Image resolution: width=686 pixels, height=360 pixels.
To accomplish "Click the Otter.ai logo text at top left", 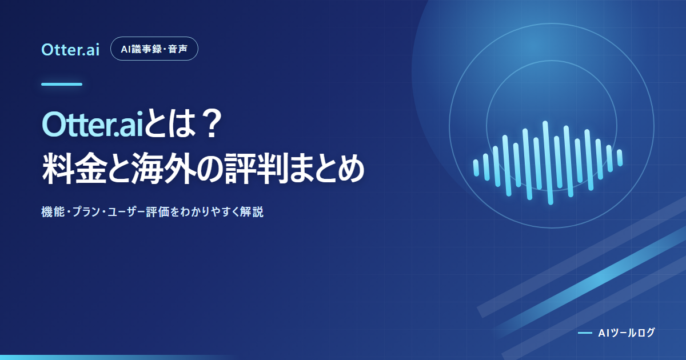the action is pyautogui.click(x=70, y=50).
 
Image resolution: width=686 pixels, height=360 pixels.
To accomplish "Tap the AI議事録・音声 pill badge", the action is pyautogui.click(x=154, y=49).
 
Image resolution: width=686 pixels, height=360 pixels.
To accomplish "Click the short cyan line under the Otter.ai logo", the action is pyautogui.click(x=62, y=84).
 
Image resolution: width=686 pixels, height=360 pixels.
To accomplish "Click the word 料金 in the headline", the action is pyautogui.click(x=74, y=169).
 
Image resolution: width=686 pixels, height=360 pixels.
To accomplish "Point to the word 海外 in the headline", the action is pyautogui.click(x=165, y=169).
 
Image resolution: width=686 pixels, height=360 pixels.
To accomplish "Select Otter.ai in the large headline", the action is pyautogui.click(x=93, y=125).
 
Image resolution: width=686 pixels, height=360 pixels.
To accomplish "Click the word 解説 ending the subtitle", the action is pyautogui.click(x=252, y=212).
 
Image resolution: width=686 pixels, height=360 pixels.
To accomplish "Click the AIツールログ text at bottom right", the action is pyautogui.click(x=627, y=333).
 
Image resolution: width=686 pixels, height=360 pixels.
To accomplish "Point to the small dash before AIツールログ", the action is pyautogui.click(x=585, y=333).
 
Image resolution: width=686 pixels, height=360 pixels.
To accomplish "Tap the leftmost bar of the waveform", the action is pyautogui.click(x=476, y=168).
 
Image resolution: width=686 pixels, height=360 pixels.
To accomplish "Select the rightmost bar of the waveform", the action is pyautogui.click(x=620, y=158).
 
